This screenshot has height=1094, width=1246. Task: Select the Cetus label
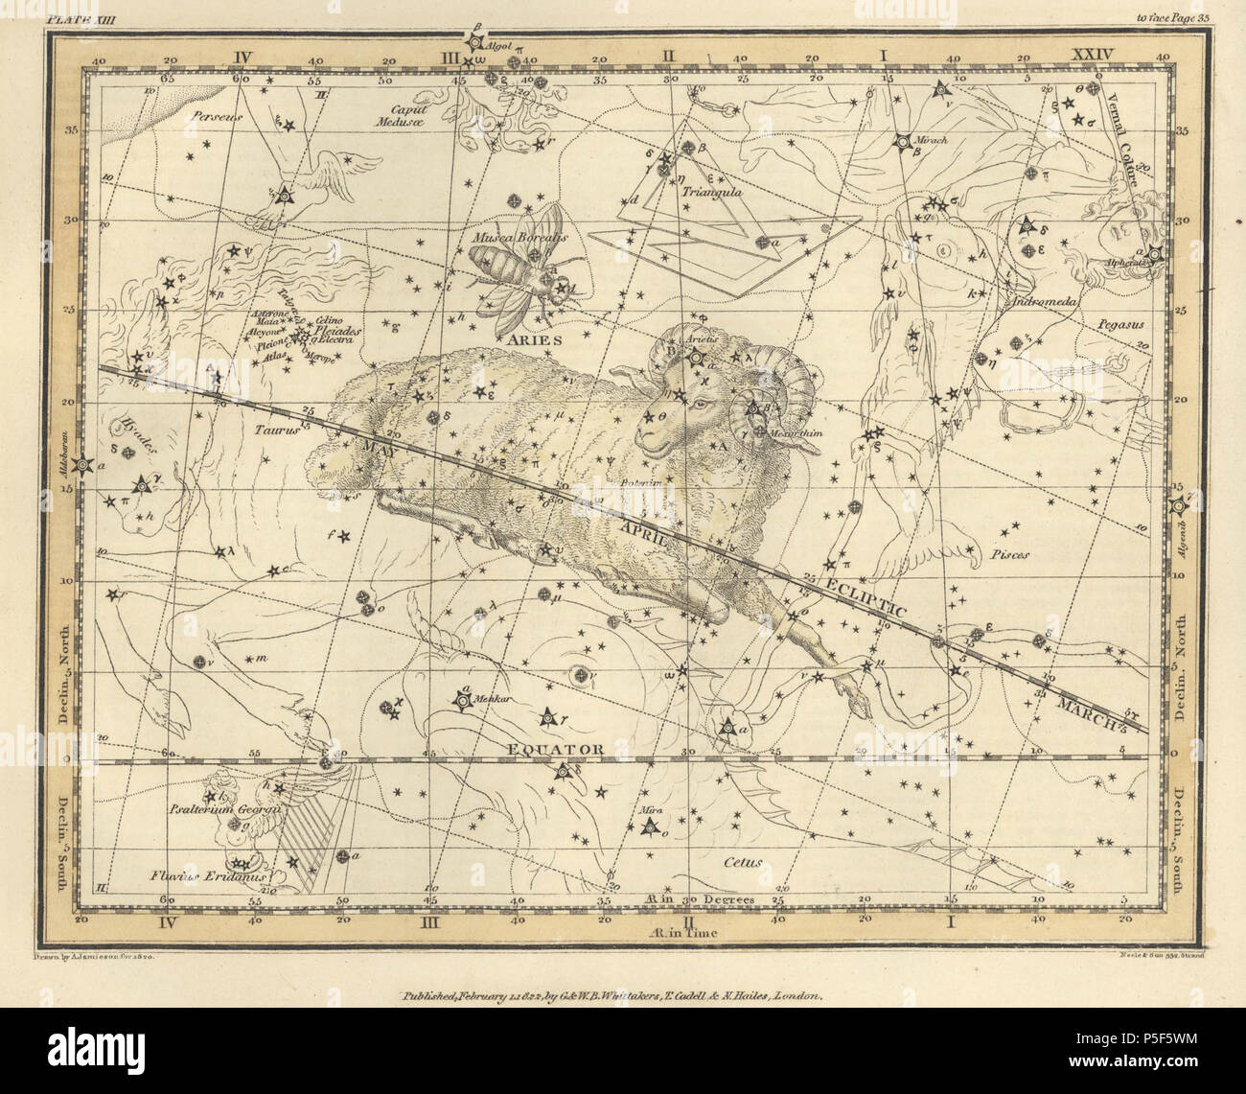[743, 861]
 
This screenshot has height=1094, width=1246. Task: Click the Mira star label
[645, 810]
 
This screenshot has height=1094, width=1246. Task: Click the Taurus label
[278, 431]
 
